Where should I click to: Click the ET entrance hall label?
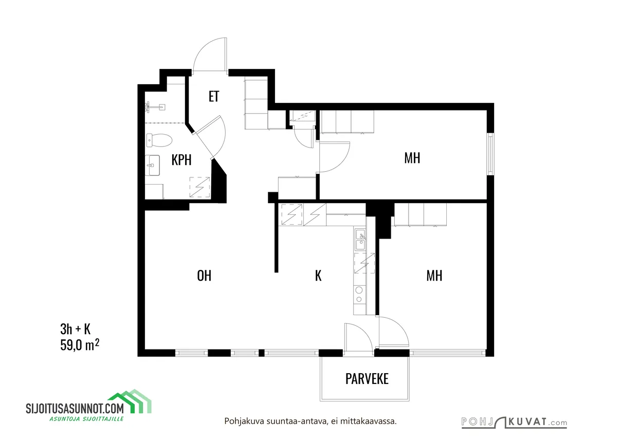[214, 97]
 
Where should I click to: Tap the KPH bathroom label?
[181, 160]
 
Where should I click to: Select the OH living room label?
[204, 276]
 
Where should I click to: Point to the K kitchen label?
[318, 276]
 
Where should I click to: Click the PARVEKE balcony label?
[367, 379]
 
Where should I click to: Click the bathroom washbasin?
[153, 165]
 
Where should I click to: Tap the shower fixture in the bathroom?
[155, 107]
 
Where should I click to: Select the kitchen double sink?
[360, 240]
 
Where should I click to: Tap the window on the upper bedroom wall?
[491, 154]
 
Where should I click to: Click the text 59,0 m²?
[80, 345]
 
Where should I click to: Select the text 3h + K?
[75, 329]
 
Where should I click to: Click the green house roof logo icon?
[130, 402]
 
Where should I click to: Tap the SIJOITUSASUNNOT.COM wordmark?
[75, 409]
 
